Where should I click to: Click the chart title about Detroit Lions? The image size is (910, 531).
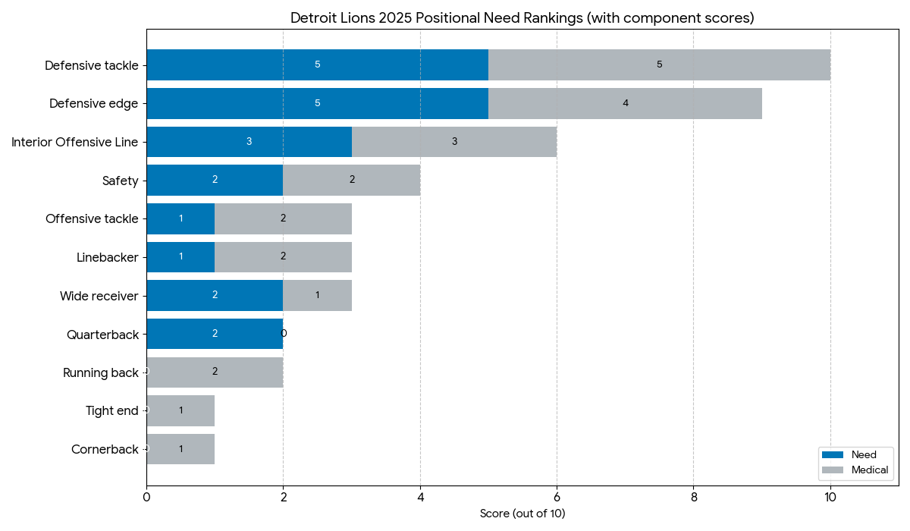coord(522,18)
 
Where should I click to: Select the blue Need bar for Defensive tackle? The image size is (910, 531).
coord(317,65)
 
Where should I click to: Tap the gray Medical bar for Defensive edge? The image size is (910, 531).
coord(625,103)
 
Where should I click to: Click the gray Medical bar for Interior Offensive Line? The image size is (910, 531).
coord(453,142)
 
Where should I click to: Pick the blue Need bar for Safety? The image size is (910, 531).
coord(215,180)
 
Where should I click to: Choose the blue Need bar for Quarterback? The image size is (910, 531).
coord(215,334)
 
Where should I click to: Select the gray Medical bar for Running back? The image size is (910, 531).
coord(215,372)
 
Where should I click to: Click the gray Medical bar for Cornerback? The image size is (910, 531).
coord(180,449)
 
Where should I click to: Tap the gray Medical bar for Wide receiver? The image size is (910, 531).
coord(317,295)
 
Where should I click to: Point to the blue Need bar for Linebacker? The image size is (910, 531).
coord(180,257)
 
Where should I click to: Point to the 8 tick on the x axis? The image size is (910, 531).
coord(693,498)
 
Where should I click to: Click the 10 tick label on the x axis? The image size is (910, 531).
coord(830,498)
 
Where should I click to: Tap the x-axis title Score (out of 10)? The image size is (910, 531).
coord(522,514)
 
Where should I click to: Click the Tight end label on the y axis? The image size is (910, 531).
coord(111,410)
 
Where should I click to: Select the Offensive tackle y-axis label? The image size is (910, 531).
coord(92,218)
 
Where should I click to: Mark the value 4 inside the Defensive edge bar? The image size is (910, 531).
coord(625,103)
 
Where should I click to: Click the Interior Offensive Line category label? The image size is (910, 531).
coord(74,142)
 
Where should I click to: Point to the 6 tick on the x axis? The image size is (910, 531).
coord(557,498)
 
